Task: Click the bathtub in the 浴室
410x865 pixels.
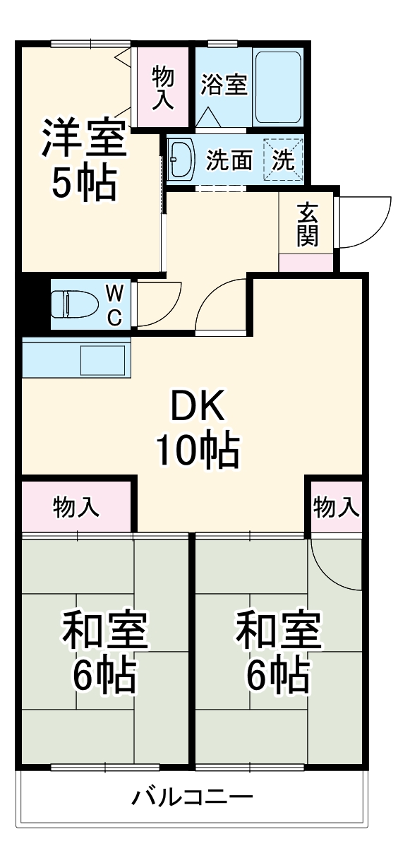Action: click(x=278, y=87)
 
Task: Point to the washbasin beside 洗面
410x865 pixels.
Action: click(x=183, y=160)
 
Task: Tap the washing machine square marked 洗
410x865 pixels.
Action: click(x=284, y=160)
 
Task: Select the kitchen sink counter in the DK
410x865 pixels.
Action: click(x=76, y=359)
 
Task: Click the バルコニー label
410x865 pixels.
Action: click(x=192, y=799)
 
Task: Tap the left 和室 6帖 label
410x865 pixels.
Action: click(x=104, y=651)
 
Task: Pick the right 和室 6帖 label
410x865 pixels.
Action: click(x=278, y=651)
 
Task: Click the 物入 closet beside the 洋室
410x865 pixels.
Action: click(x=164, y=87)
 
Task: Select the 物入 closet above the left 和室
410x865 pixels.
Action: click(x=76, y=506)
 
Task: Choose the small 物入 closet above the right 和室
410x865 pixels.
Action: click(x=335, y=506)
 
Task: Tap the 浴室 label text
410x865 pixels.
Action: click(x=223, y=85)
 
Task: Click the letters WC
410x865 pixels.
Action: click(x=114, y=304)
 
